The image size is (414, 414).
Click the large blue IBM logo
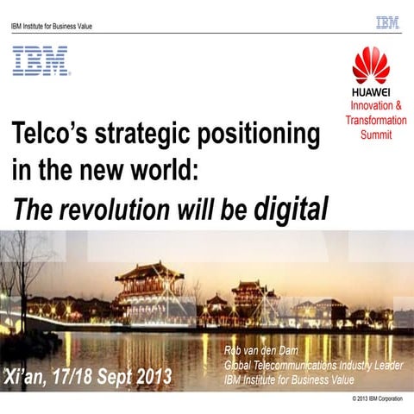pyautogui.click(x=41, y=61)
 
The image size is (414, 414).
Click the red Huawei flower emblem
pyautogui.click(x=372, y=66)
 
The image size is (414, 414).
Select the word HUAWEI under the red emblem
pyautogui.click(x=372, y=93)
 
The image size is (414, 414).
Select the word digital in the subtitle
pyautogui.click(x=292, y=208)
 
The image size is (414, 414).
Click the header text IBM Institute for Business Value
pyautogui.click(x=52, y=26)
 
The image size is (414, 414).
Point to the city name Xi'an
pyautogui.click(x=28, y=377)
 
